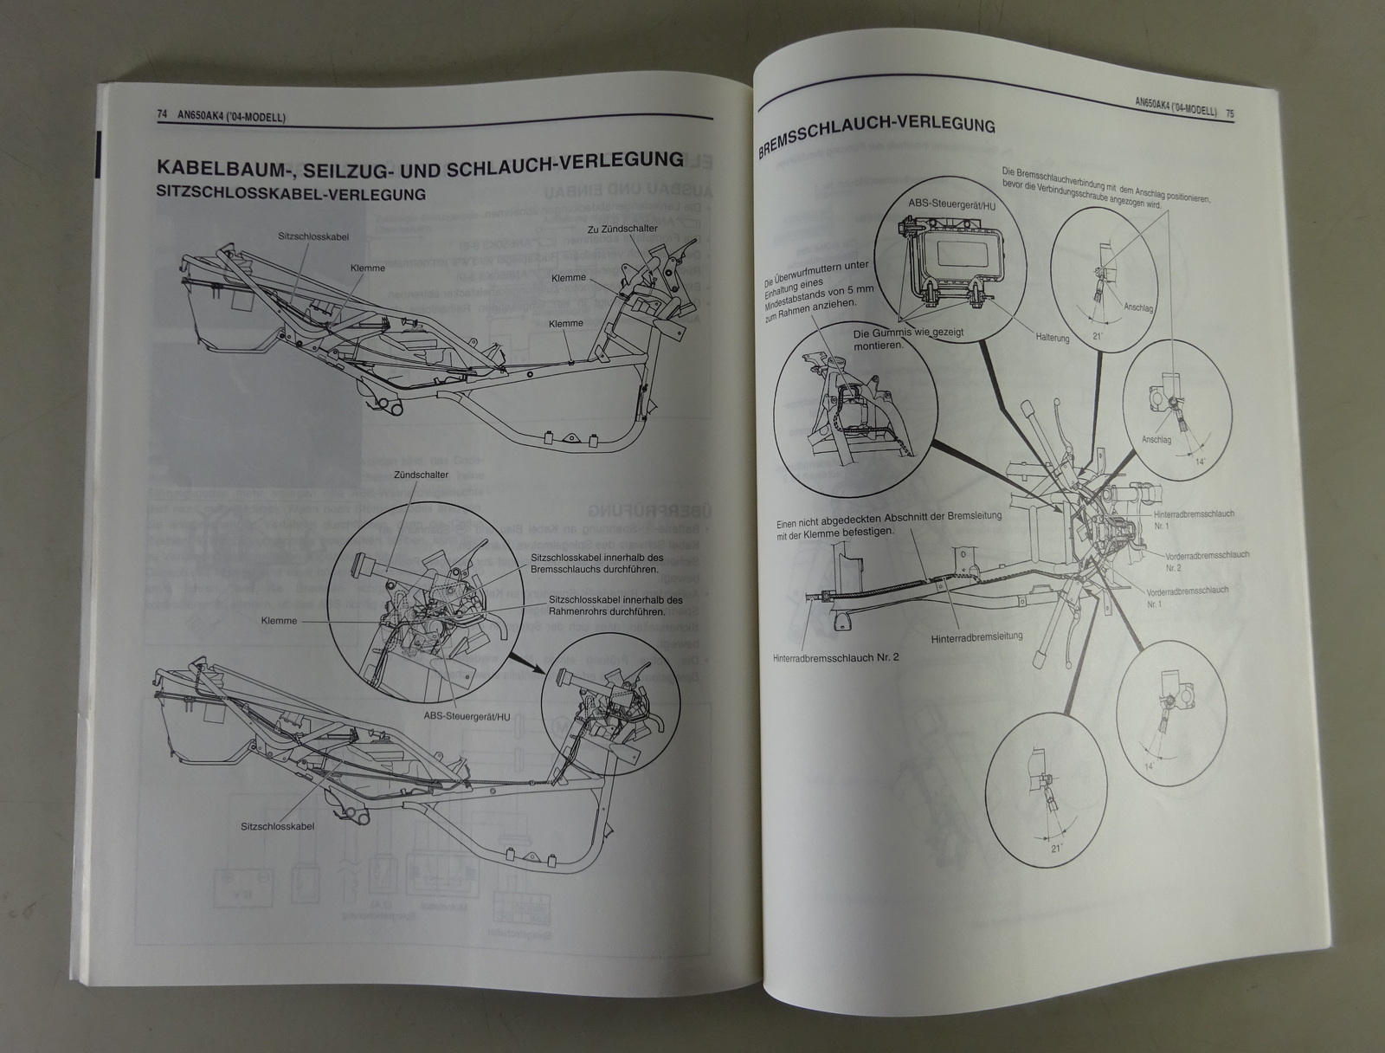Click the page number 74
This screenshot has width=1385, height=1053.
(161, 114)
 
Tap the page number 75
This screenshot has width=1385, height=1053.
(1229, 112)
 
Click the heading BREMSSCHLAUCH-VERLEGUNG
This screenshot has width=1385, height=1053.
(875, 135)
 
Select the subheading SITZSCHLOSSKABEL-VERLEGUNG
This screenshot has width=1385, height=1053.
(291, 194)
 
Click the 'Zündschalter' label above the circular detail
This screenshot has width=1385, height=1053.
(421, 475)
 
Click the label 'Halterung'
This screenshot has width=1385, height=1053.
(1052, 338)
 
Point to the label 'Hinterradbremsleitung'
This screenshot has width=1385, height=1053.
(977, 637)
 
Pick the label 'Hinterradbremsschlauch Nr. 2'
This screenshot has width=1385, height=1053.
(836, 657)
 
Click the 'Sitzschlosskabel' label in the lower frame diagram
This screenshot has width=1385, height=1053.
(277, 826)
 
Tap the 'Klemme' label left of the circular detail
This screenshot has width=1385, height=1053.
(279, 621)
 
